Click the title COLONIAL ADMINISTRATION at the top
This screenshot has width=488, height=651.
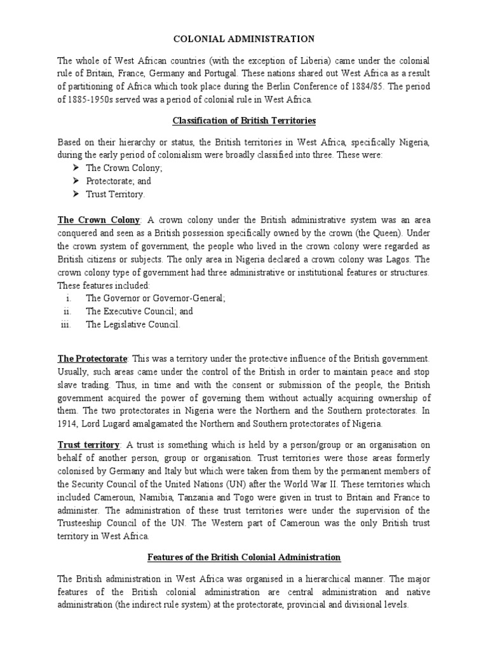(x=244, y=39)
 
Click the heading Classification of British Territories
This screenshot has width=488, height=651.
(x=244, y=121)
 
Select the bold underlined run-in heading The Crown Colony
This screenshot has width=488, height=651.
(x=98, y=220)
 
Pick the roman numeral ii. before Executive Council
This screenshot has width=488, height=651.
(x=67, y=312)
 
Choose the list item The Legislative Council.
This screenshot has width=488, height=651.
(x=133, y=325)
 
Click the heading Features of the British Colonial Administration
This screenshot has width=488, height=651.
(x=244, y=558)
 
